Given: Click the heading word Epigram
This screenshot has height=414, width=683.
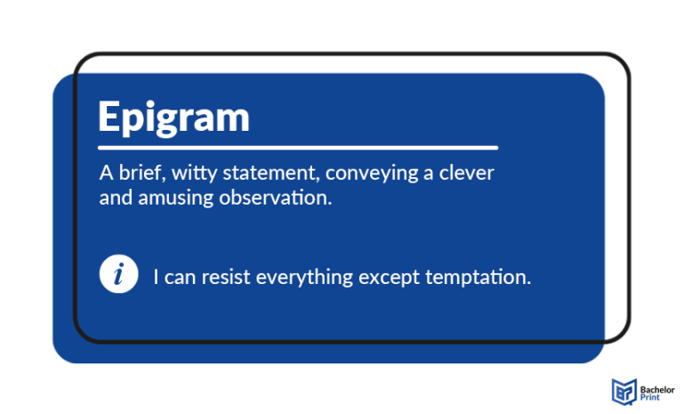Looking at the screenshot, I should (173, 118).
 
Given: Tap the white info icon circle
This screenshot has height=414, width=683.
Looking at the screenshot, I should (118, 275).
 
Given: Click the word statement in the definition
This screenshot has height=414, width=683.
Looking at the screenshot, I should (257, 174).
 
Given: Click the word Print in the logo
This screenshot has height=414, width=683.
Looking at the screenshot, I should (650, 398).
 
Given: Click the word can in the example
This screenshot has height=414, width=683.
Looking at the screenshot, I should (181, 277).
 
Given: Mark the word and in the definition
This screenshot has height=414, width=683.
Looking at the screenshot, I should (115, 198).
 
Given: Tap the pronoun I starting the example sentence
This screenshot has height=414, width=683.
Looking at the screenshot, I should (157, 277).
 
